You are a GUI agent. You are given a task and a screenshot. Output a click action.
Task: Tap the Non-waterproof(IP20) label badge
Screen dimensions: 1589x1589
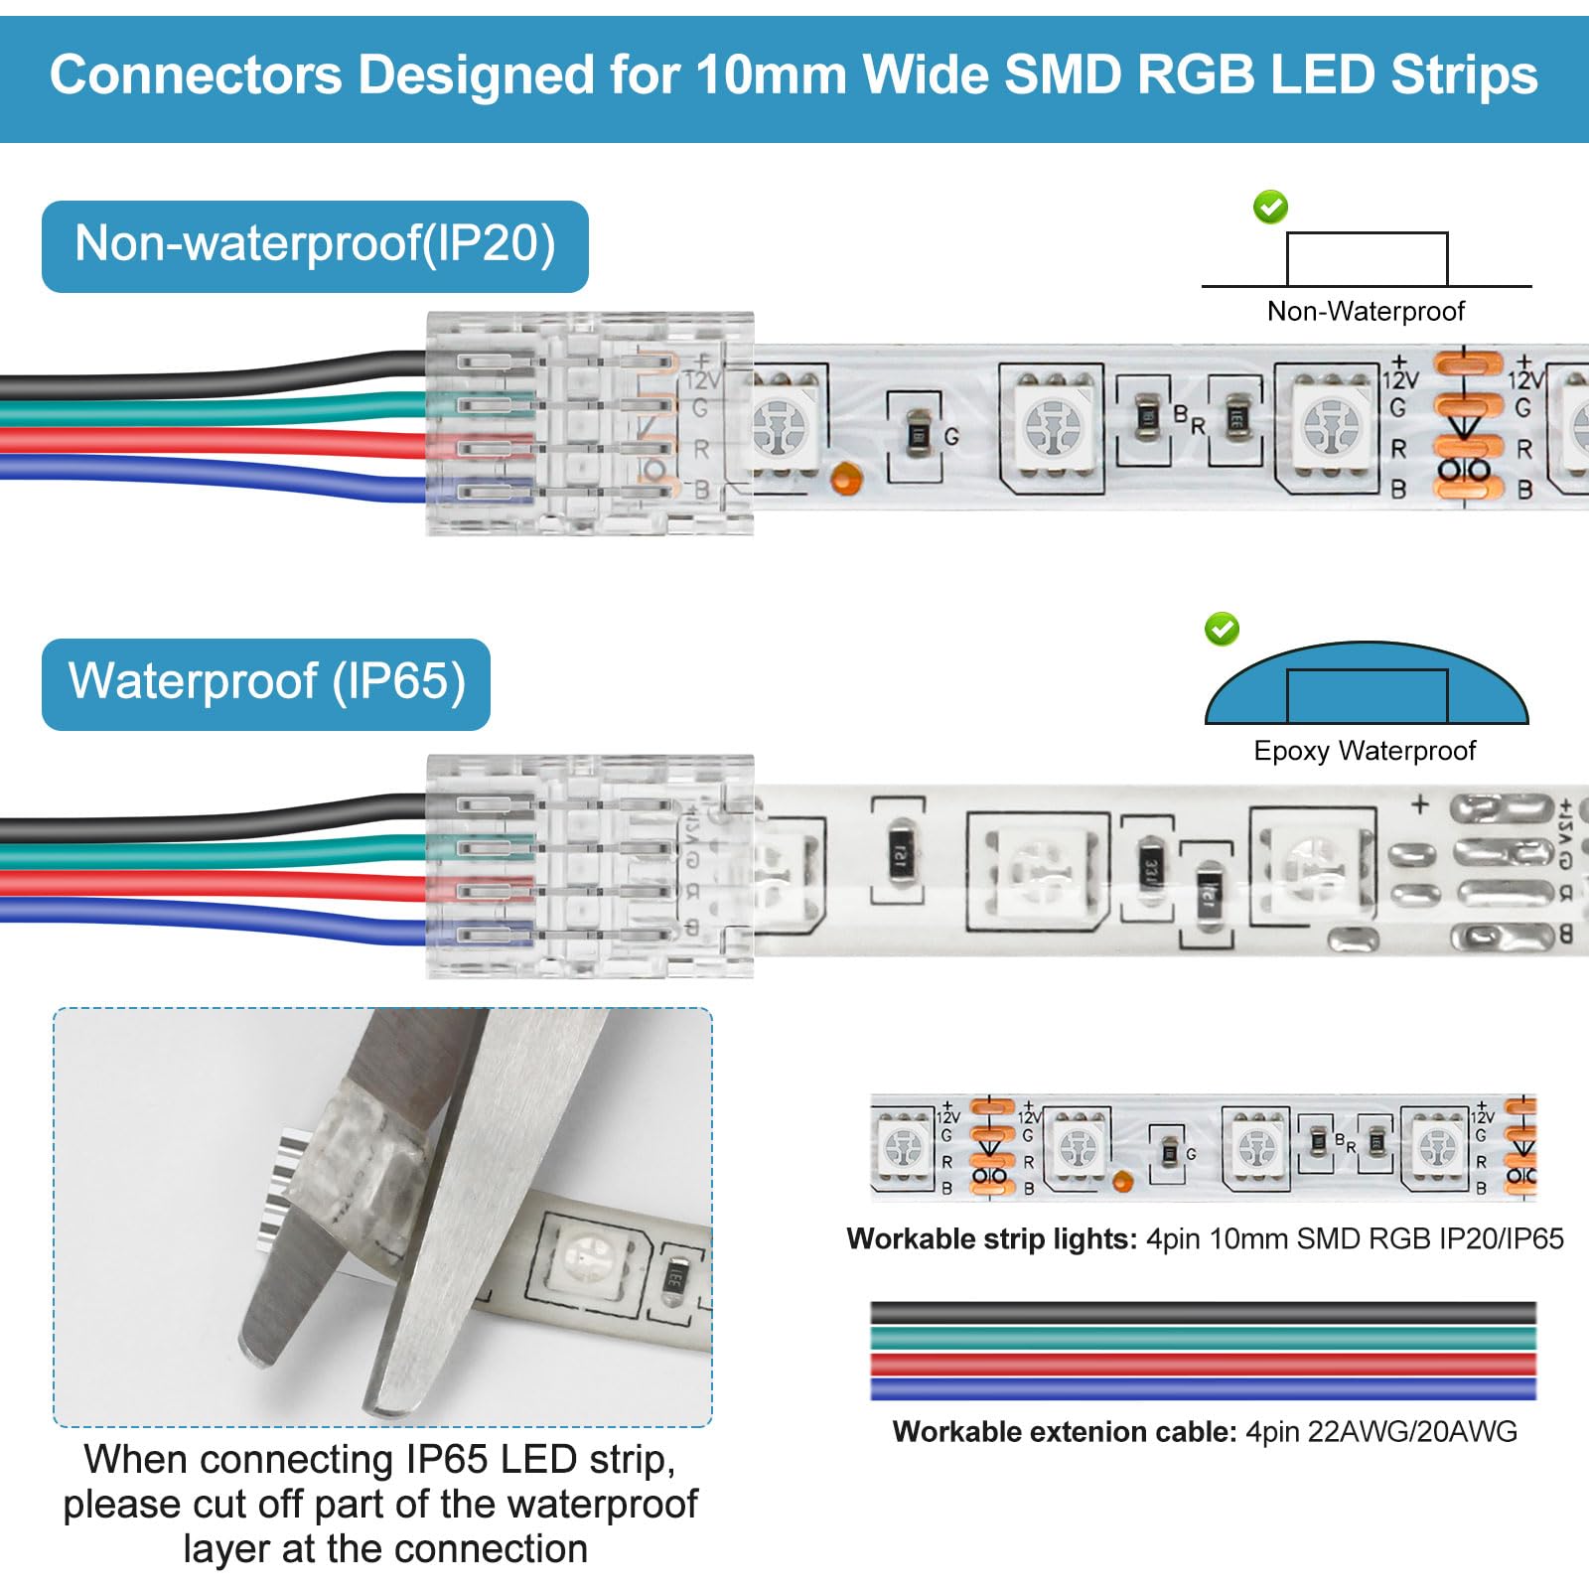315,245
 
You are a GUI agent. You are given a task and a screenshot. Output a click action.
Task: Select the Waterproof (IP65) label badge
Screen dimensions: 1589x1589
266,683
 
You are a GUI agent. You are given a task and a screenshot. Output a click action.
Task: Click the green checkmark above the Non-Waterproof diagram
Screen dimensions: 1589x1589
1270,207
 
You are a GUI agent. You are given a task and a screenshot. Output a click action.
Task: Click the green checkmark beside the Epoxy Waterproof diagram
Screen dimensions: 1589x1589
1222,629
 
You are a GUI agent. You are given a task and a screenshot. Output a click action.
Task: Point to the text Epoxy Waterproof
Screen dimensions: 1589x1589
1365,751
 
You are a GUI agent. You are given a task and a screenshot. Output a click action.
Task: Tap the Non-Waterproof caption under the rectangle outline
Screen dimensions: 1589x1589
1366,311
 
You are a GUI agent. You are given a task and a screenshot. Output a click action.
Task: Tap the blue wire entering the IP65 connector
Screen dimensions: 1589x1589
199,916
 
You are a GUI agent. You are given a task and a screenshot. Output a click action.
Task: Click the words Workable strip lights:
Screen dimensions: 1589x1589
991,1238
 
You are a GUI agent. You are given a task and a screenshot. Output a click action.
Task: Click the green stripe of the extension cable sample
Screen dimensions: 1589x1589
1202,1338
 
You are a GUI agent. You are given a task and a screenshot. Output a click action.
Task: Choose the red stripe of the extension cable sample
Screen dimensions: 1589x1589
1202,1364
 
